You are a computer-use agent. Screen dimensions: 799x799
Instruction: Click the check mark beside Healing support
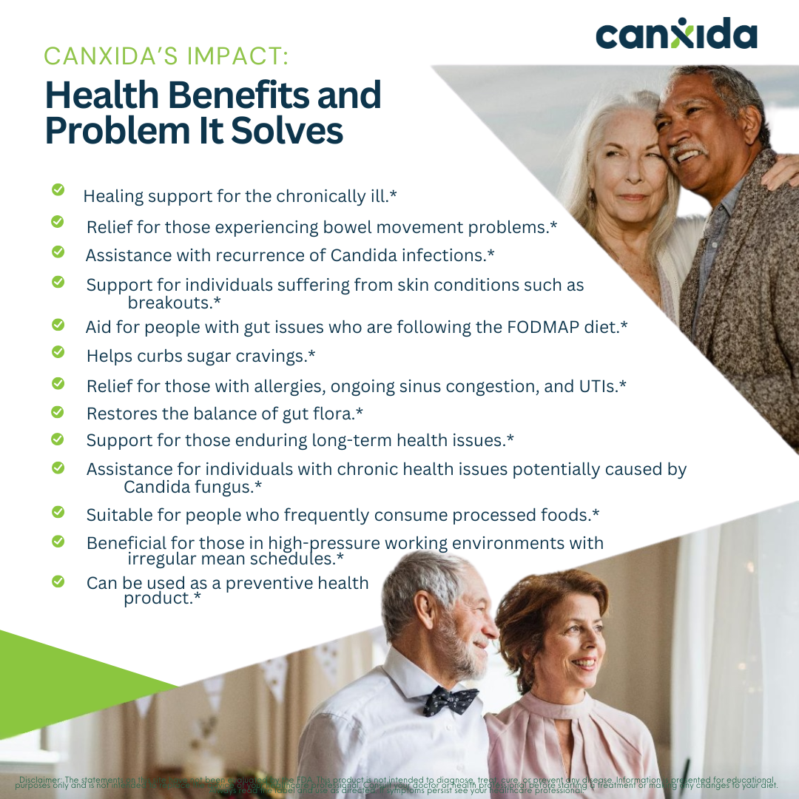(x=58, y=190)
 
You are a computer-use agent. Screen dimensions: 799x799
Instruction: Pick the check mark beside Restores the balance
(x=58, y=411)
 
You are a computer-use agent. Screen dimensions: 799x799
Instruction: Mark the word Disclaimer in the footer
(x=41, y=780)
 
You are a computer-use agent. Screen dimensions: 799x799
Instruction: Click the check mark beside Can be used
(x=58, y=582)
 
